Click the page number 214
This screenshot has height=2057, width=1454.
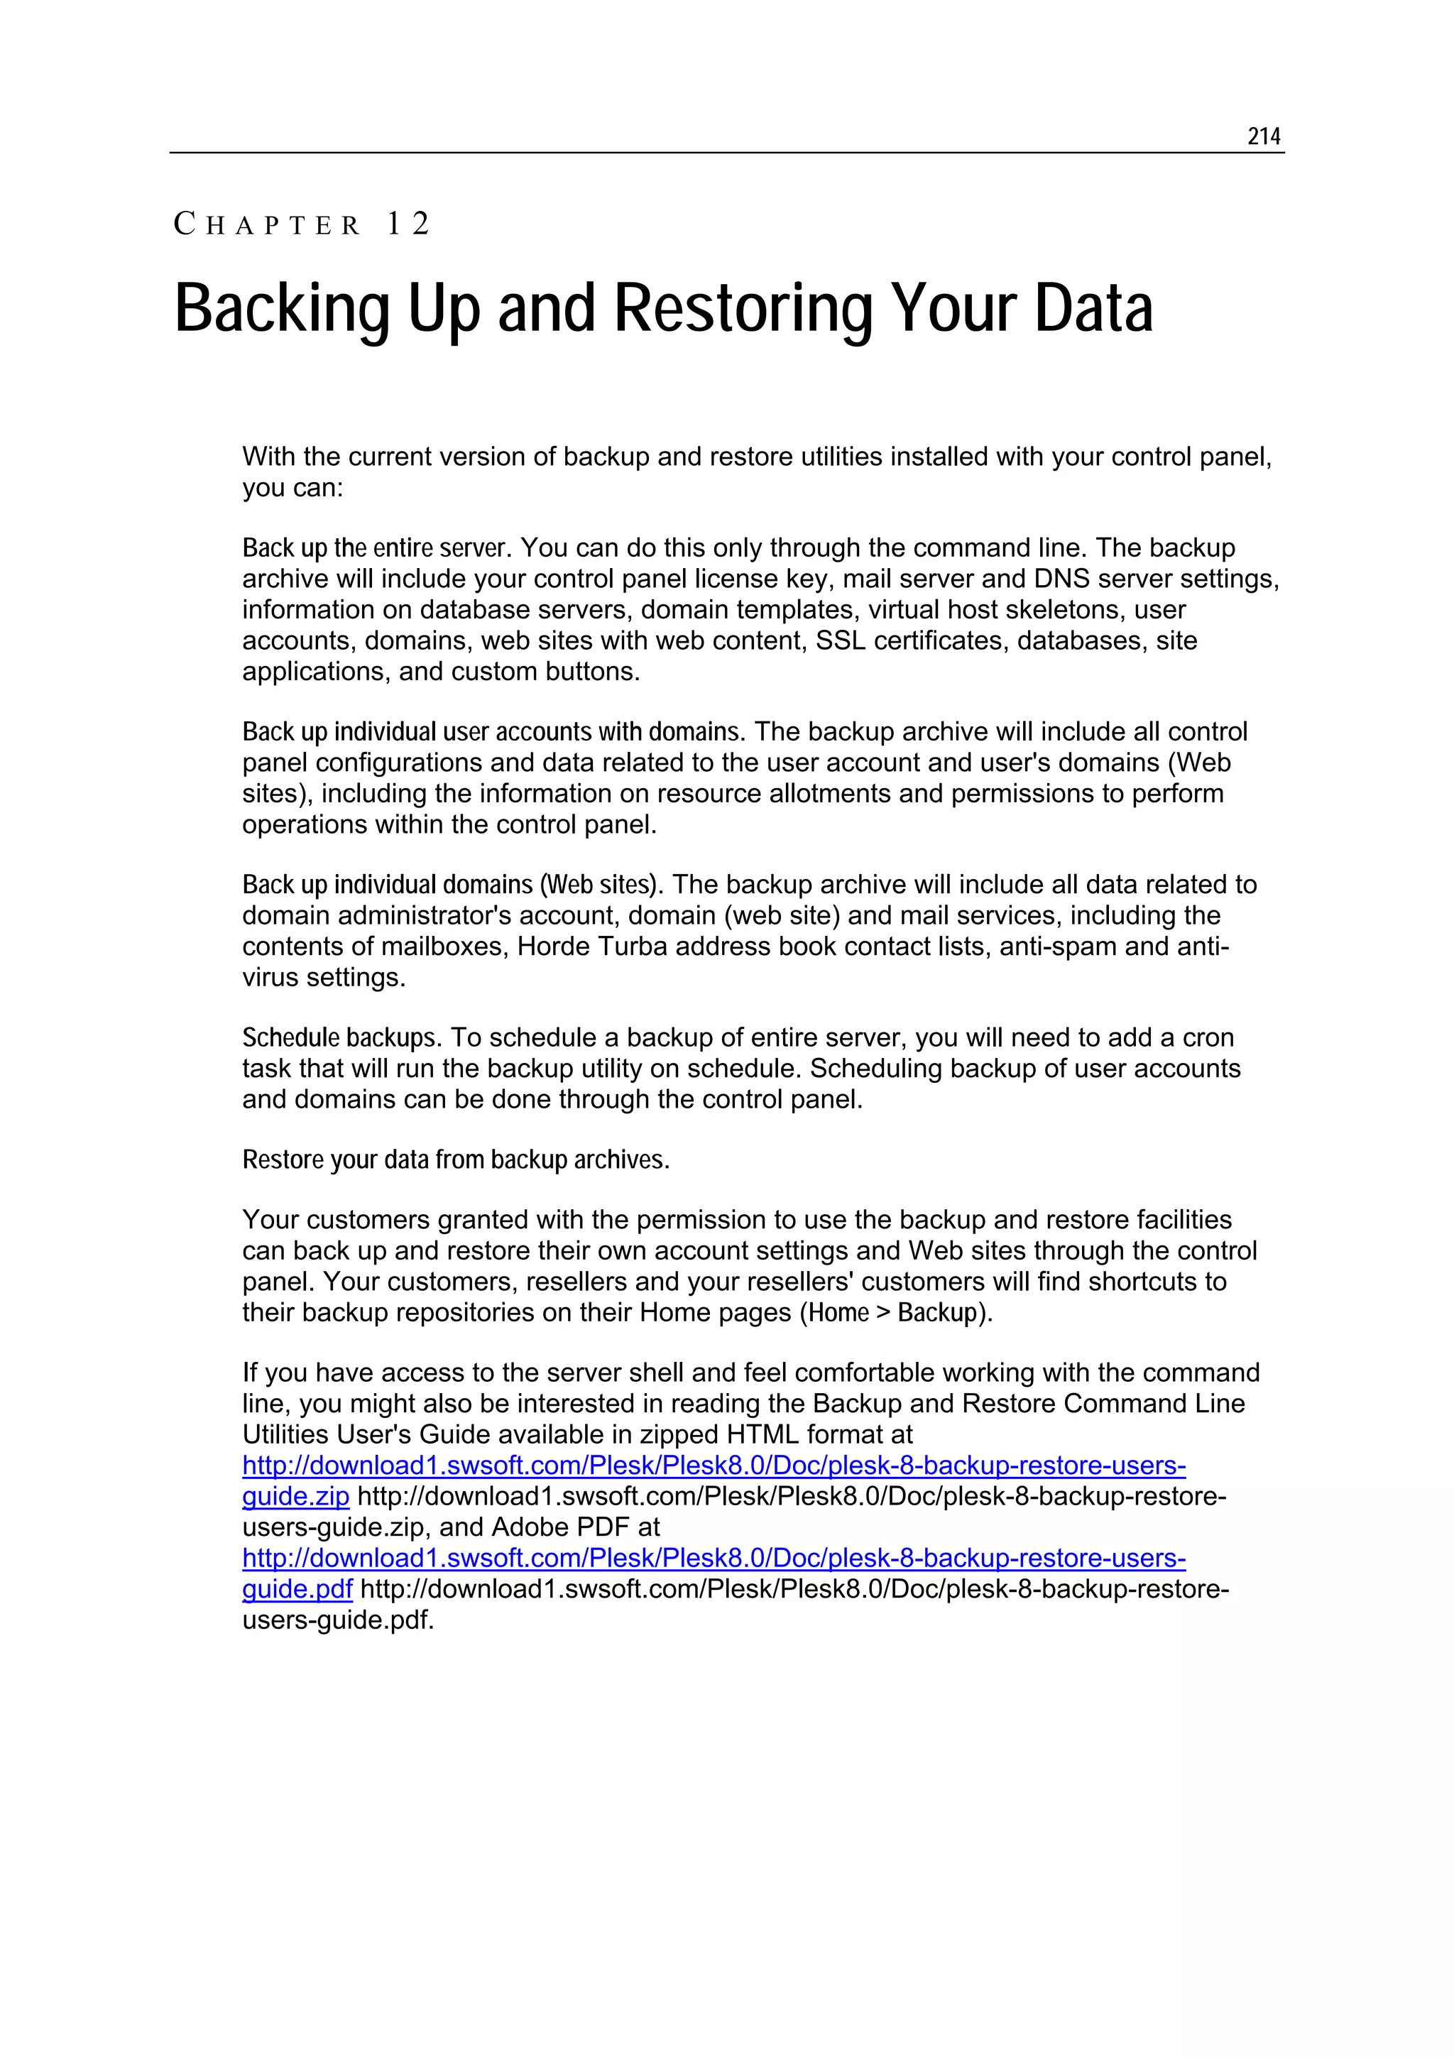(1263, 136)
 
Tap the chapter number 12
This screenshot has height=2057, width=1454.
(408, 224)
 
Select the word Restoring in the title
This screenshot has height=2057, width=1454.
(743, 309)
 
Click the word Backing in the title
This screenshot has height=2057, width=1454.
(282, 309)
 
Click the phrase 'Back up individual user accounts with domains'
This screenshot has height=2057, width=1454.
(492, 732)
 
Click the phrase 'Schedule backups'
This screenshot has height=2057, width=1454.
(339, 1037)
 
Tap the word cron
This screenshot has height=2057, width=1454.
(1208, 1037)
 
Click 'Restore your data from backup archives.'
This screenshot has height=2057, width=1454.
(456, 1160)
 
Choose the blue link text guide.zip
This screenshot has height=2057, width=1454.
(295, 1496)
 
